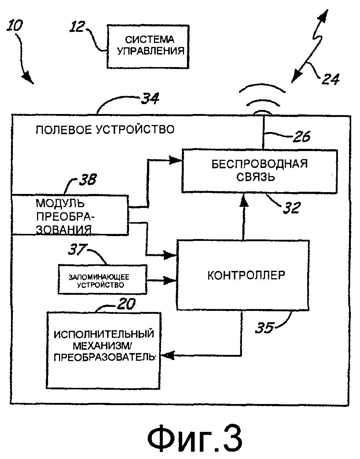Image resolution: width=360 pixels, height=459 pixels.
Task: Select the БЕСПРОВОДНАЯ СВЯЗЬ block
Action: (259, 171)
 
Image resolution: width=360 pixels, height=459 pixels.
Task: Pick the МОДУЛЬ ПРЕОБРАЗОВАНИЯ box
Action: (70, 215)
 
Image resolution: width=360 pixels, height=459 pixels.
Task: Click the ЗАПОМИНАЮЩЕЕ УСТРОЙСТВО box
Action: (102, 279)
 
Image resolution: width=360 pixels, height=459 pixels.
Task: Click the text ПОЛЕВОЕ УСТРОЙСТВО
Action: (105, 129)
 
